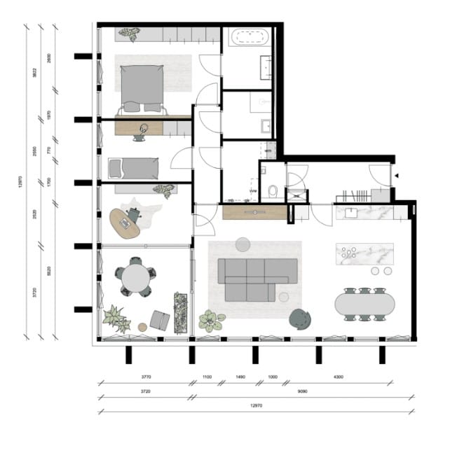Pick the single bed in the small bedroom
[132, 168]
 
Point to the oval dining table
[364, 304]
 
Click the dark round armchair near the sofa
[301, 318]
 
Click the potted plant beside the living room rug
[210, 320]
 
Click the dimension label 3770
[146, 377]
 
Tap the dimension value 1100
[207, 377]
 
